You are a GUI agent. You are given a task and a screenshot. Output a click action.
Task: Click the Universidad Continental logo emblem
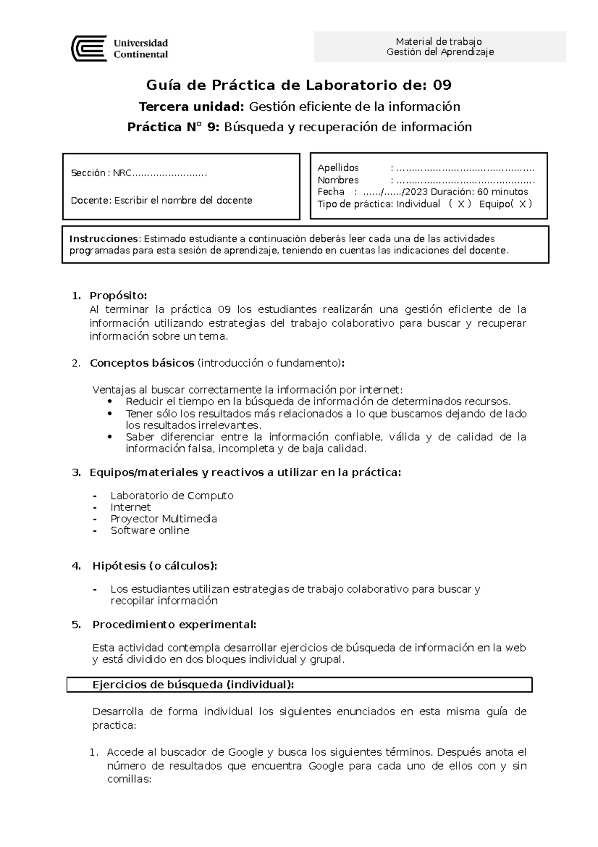click(x=89, y=48)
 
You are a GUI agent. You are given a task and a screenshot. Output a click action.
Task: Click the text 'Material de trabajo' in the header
click(x=439, y=41)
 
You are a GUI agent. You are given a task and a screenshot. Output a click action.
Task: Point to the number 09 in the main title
click(x=442, y=85)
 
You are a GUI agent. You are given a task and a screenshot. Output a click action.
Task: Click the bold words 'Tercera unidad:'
click(x=192, y=106)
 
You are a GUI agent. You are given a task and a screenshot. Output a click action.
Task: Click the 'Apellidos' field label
click(x=338, y=168)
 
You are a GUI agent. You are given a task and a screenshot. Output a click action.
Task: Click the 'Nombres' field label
click(x=338, y=180)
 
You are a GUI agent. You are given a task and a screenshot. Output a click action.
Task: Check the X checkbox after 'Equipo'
click(x=522, y=204)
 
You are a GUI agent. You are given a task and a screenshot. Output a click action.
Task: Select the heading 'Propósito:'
click(x=118, y=296)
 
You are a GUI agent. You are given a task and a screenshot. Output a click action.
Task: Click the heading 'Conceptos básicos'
click(x=142, y=363)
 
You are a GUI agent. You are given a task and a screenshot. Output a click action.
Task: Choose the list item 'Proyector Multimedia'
click(x=163, y=519)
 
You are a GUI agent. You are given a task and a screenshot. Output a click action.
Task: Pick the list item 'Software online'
click(x=149, y=530)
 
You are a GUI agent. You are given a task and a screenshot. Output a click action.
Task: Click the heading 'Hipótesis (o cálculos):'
click(x=154, y=566)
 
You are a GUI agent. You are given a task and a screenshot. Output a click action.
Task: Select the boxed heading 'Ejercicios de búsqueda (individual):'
click(x=193, y=684)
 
